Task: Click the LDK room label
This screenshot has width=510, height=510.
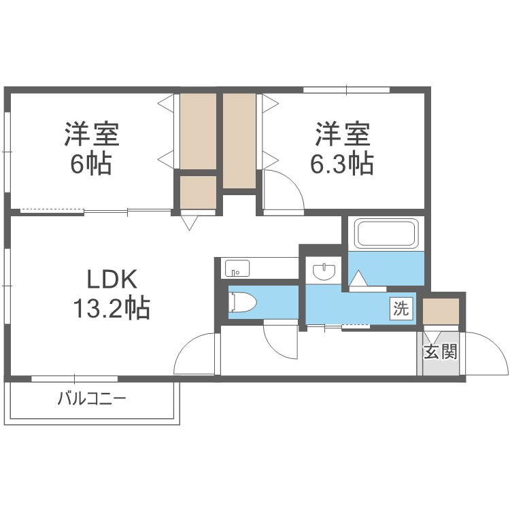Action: click(112, 279)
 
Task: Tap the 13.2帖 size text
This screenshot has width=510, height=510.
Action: click(112, 309)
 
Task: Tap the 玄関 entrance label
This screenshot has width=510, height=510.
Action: click(440, 352)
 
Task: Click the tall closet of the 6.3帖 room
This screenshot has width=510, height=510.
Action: click(239, 141)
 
